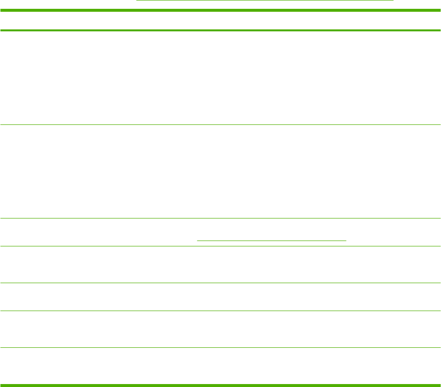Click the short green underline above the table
[x=264, y=0]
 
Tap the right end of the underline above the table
[x=393, y=0]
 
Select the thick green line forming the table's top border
[x=220, y=10]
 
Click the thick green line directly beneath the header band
[x=220, y=30]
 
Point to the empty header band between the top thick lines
[x=220, y=20]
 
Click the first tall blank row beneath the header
[x=220, y=77]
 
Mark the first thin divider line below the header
[x=220, y=124]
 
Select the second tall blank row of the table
[x=220, y=171]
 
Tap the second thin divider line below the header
[x=220, y=218]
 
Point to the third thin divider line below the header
[x=220, y=246]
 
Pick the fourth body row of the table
[x=220, y=265]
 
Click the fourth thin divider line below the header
[x=220, y=283]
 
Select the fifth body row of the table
[x=220, y=296]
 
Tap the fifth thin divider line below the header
[x=220, y=311]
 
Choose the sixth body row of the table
[x=220, y=329]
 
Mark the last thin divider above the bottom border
[x=220, y=347]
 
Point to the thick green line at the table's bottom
[x=220, y=385]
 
